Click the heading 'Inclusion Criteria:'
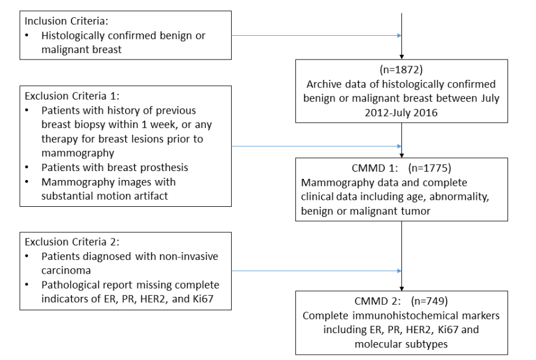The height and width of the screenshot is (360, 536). point(66,21)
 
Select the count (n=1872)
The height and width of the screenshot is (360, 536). point(401,70)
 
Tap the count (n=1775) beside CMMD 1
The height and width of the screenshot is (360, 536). point(429,168)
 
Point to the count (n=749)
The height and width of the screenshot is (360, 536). point(429,301)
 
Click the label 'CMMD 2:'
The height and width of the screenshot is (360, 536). point(378,301)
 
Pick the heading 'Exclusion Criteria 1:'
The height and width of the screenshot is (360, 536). point(72,96)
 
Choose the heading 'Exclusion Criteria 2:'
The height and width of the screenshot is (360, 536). point(72,242)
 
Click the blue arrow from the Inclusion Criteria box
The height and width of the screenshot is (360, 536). point(317,35)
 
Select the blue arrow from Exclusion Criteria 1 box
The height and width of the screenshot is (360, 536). point(317,146)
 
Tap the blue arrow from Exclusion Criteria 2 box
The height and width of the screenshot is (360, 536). point(317,271)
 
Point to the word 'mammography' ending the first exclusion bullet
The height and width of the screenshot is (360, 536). point(77,153)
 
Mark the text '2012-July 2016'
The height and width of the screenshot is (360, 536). point(401,113)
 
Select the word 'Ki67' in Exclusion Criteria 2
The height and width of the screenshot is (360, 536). point(202,299)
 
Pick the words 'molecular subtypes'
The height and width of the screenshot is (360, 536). point(401,344)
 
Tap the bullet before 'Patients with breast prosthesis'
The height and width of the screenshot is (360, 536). point(27,167)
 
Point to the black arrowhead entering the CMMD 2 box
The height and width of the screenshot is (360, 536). point(401,289)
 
